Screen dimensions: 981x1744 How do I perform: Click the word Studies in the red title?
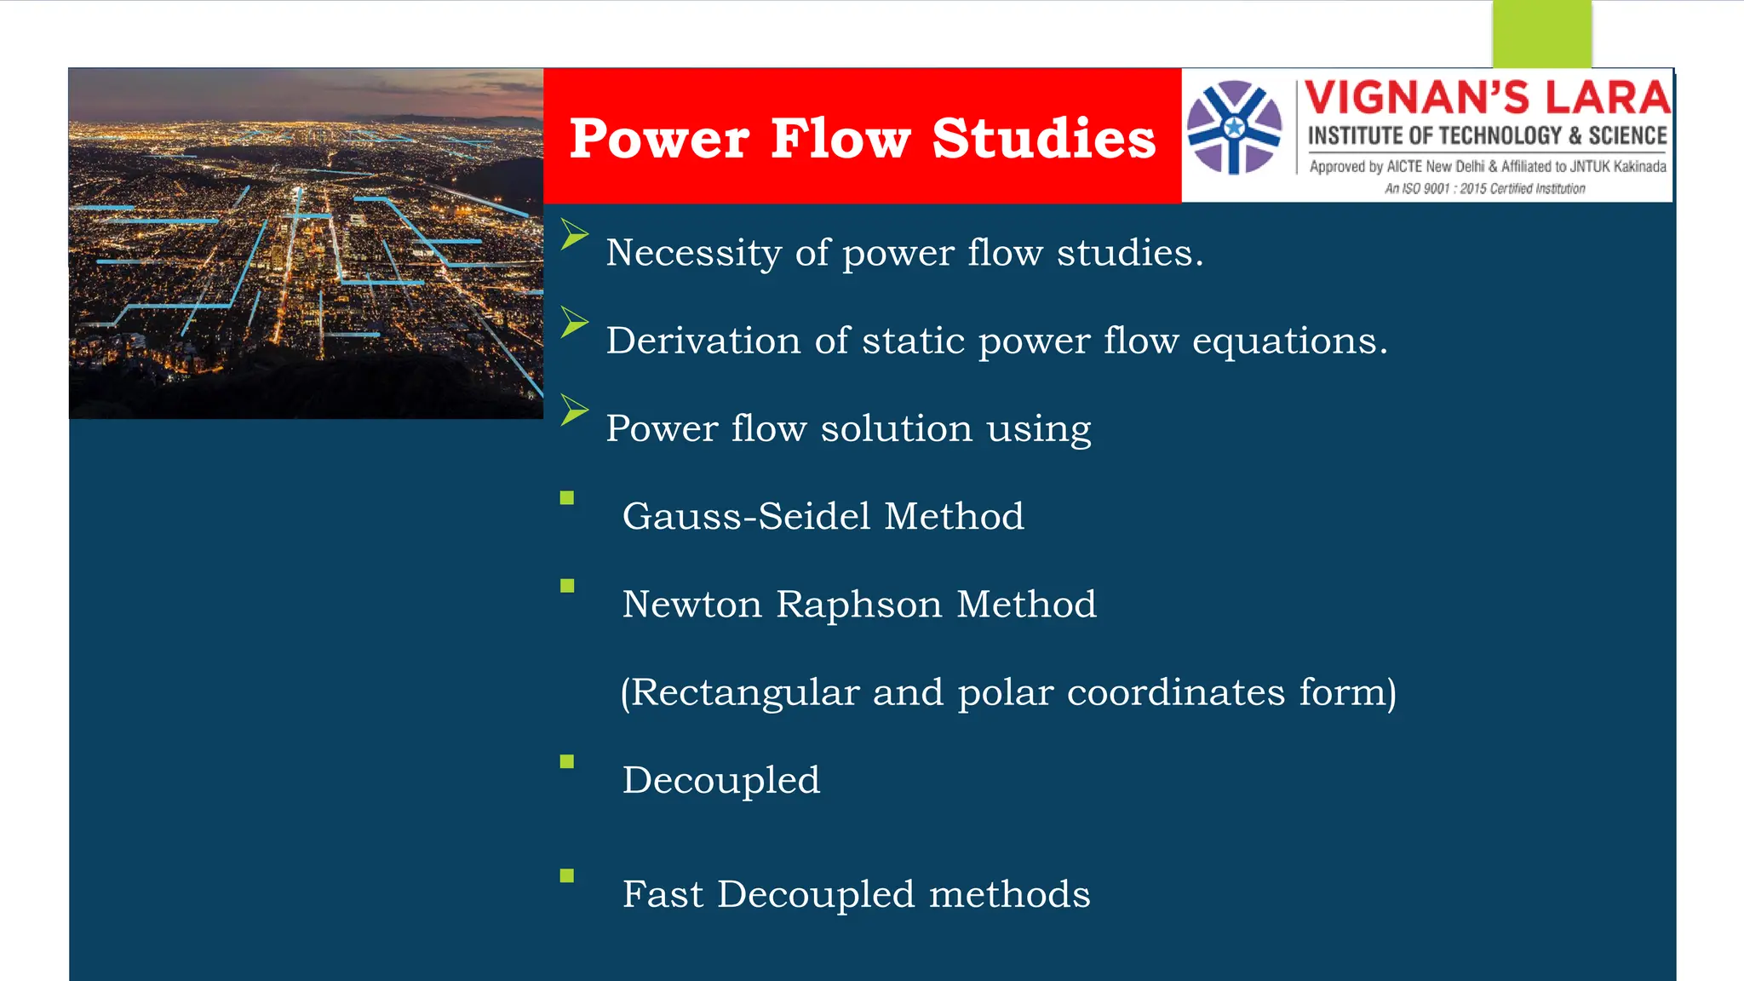click(1043, 138)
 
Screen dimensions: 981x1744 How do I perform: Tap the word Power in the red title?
click(659, 138)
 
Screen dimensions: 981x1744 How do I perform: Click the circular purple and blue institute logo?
click(1234, 127)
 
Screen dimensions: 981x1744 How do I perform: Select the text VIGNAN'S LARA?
click(1487, 98)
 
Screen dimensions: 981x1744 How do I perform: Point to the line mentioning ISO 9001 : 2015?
click(1484, 188)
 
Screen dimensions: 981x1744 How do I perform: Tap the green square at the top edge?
click(1541, 34)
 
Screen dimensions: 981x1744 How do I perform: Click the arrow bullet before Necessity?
click(574, 234)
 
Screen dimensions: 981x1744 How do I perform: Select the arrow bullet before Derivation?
click(574, 323)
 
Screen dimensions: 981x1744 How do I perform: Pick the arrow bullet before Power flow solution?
click(574, 410)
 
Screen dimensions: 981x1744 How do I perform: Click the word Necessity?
click(693, 253)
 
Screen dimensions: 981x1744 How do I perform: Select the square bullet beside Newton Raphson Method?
click(567, 586)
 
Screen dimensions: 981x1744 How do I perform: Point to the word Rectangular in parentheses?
click(745, 692)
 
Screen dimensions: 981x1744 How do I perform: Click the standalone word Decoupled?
click(720, 780)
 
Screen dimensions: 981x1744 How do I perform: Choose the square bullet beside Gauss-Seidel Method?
click(567, 498)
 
